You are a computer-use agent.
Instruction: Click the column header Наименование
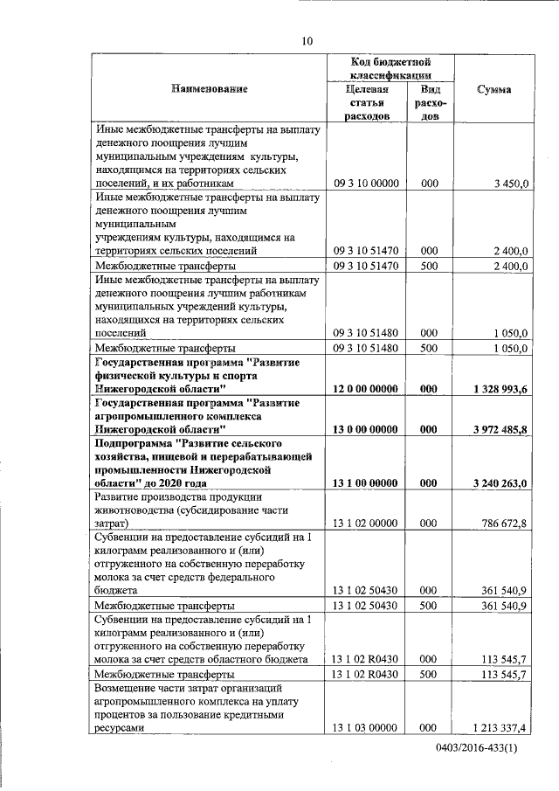[x=210, y=88]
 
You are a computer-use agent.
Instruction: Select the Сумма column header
[x=494, y=89]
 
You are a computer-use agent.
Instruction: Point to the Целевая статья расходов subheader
[x=366, y=103]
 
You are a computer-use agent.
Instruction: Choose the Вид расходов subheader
[x=430, y=103]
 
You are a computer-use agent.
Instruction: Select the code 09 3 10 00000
[x=366, y=184]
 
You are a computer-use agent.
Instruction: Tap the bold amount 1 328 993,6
[x=494, y=387]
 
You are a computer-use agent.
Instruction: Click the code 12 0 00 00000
[x=366, y=387]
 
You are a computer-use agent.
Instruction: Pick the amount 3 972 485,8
[x=494, y=430]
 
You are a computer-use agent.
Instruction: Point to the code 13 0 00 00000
[x=366, y=430]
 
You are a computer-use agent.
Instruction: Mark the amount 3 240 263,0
[x=494, y=483]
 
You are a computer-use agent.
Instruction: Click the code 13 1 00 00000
[x=366, y=483]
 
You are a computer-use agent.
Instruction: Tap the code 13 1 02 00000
[x=366, y=524]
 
